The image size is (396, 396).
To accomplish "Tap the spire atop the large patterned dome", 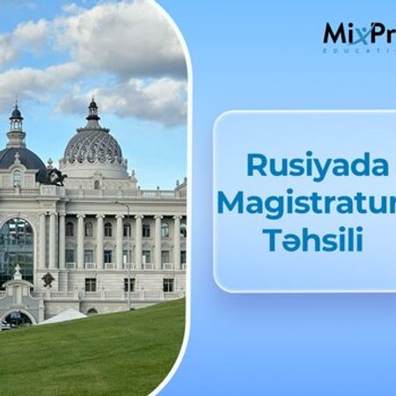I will point(92,108).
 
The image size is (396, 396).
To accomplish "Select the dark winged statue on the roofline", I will point(56,176).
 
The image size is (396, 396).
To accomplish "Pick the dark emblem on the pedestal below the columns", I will point(48,280).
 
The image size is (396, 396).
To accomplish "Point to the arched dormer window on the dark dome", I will point(16,178).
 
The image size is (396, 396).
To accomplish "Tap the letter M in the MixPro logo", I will point(334,34).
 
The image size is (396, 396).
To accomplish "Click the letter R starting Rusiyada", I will point(255,165).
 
